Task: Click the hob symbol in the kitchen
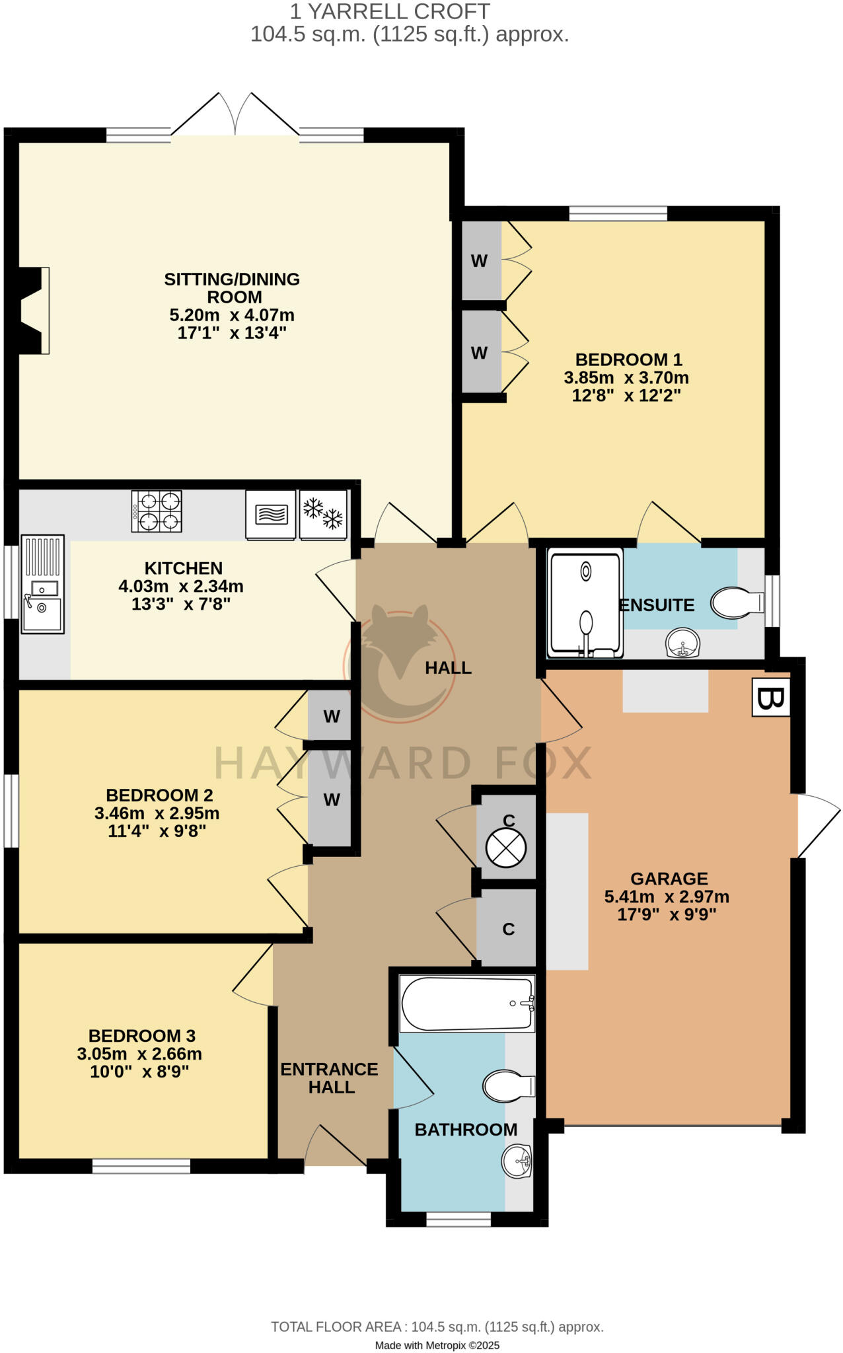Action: point(157,511)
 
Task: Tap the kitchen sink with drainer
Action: point(43,585)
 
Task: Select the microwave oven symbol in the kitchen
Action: point(271,514)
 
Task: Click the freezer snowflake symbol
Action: point(323,514)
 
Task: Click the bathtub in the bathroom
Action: point(467,1004)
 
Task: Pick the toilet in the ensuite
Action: point(736,603)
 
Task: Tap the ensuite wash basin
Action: point(682,643)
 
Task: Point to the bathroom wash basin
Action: point(517,1161)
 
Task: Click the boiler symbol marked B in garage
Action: point(771,697)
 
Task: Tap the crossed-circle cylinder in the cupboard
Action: point(506,848)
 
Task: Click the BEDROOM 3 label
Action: point(142,1035)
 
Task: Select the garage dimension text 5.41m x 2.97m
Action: point(667,896)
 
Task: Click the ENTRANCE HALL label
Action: point(329,1078)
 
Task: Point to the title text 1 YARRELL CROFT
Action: point(390,11)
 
